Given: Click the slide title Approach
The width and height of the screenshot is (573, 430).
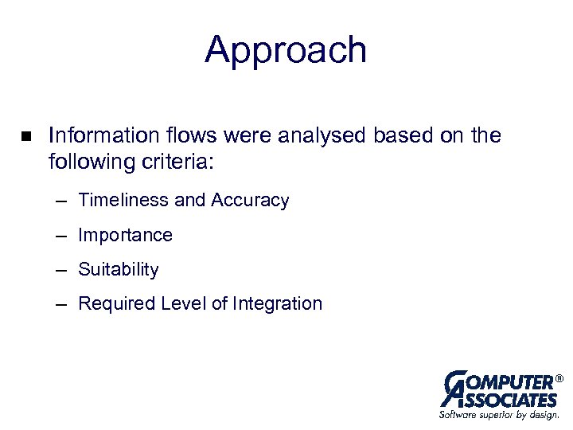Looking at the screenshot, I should pos(286,50).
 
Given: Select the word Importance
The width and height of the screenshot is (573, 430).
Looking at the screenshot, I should pos(125,235).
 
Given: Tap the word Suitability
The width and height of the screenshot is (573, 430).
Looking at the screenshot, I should pos(119,270).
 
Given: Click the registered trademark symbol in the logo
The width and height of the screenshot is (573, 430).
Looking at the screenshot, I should pos(559,377).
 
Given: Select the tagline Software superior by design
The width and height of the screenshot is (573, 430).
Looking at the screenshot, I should pos(499,414).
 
